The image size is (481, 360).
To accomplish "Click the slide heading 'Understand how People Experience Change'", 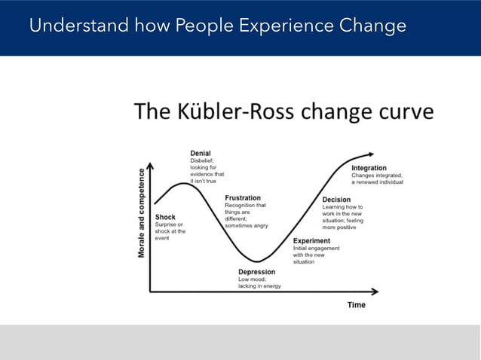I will point(217,26).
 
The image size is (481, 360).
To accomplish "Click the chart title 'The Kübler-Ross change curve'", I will point(283,112).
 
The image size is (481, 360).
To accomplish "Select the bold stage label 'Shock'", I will point(165,217).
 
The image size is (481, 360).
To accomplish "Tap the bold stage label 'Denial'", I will point(201,153).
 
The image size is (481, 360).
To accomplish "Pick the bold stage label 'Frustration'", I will point(243,198).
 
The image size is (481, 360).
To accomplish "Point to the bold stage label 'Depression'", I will point(256,272).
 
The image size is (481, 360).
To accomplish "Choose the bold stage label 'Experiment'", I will point(311,241).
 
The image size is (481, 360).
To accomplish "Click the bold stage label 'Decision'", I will point(336,200).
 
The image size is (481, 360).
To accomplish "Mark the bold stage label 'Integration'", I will point(369,168).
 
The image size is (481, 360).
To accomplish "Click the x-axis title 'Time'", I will point(356,305).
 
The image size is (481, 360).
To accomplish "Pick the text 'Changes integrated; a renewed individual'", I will point(376,178).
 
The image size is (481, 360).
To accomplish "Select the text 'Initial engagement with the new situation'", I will point(316,255).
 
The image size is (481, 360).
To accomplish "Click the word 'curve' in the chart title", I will point(407,112).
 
